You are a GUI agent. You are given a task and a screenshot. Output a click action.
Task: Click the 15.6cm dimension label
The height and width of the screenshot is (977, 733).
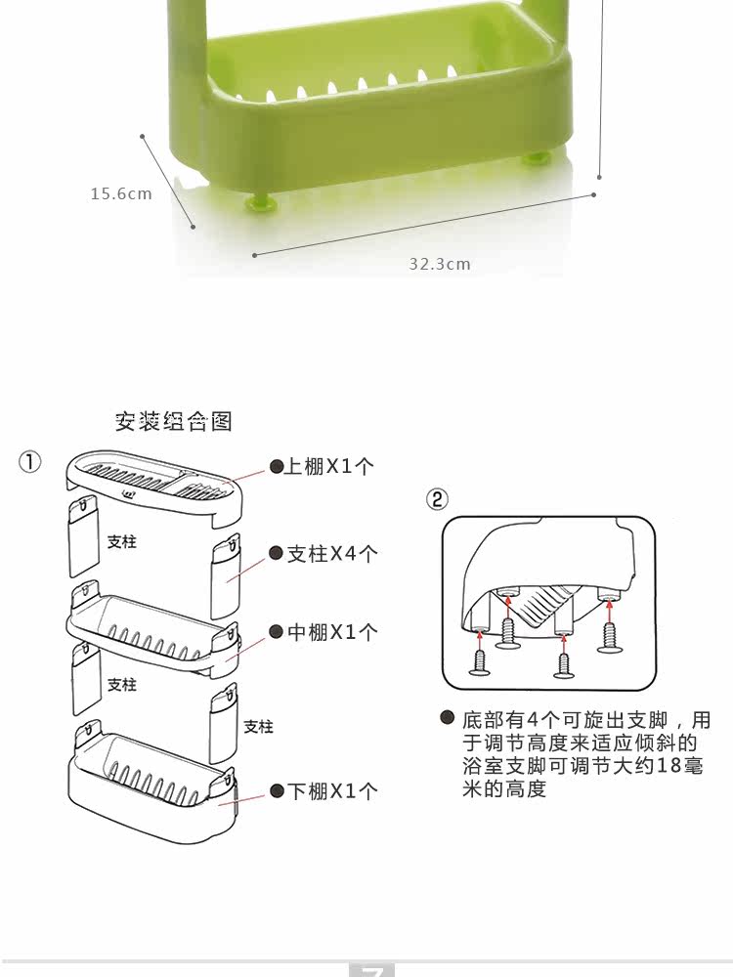click(x=121, y=193)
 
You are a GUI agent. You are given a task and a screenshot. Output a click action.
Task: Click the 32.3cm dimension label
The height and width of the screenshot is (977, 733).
click(x=440, y=264)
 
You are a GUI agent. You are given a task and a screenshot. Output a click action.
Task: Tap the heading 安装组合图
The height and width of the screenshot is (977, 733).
click(x=174, y=421)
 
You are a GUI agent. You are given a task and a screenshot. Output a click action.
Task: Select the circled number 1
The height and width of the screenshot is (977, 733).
click(x=30, y=462)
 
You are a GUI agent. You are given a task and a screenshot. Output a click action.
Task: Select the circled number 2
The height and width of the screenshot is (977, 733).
click(x=437, y=499)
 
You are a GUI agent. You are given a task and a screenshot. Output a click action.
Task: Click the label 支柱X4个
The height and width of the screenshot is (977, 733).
click(x=331, y=554)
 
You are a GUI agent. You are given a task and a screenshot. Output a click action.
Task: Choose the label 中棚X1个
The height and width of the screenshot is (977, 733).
click(x=331, y=632)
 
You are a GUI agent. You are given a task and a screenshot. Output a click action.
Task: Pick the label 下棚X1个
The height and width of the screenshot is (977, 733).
click(x=331, y=790)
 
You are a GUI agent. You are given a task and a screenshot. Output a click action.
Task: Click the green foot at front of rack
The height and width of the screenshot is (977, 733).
click(x=261, y=202)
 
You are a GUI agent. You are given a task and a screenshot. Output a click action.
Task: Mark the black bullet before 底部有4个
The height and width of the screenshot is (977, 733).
click(x=447, y=719)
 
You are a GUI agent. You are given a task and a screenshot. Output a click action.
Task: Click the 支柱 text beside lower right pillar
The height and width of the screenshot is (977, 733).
click(x=258, y=727)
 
